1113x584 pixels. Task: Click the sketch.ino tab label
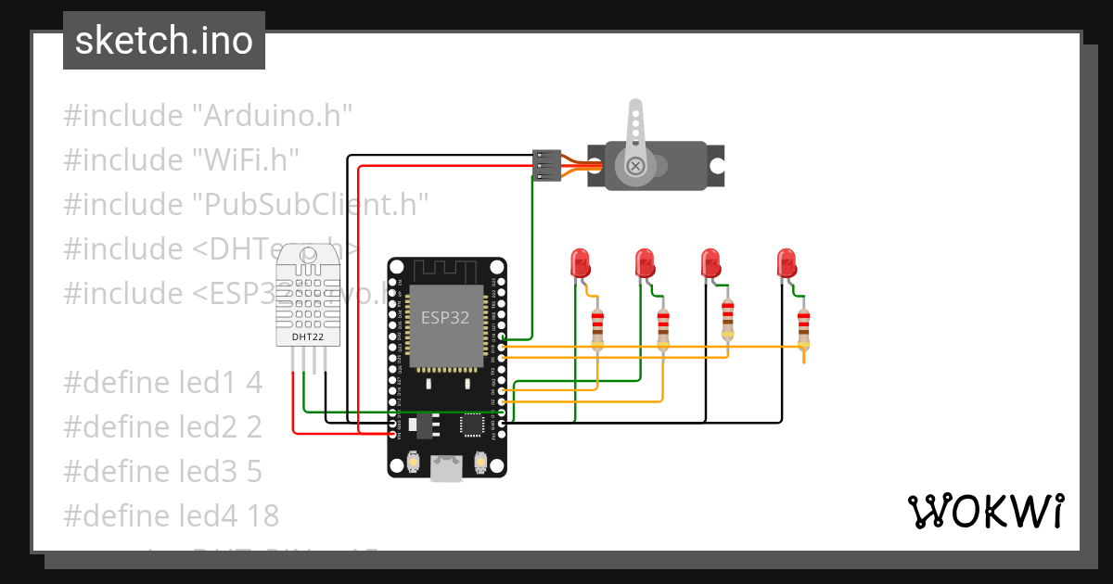(163, 41)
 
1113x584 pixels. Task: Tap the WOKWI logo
(984, 511)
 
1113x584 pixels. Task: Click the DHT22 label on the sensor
(308, 336)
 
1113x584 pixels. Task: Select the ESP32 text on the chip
(445, 317)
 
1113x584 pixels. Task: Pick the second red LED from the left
(646, 263)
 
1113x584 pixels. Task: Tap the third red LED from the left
(710, 263)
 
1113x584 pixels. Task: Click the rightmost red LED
(787, 263)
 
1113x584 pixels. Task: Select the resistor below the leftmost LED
(598, 327)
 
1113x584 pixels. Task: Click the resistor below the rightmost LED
(803, 327)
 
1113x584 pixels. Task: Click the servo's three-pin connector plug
(546, 165)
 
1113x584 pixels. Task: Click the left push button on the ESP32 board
(415, 461)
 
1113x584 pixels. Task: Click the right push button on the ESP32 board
(480, 461)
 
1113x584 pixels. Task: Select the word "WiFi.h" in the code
(245, 160)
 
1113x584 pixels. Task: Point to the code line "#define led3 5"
(163, 472)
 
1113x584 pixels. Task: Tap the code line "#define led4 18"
(172, 515)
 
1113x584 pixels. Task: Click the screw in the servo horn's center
(635, 166)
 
